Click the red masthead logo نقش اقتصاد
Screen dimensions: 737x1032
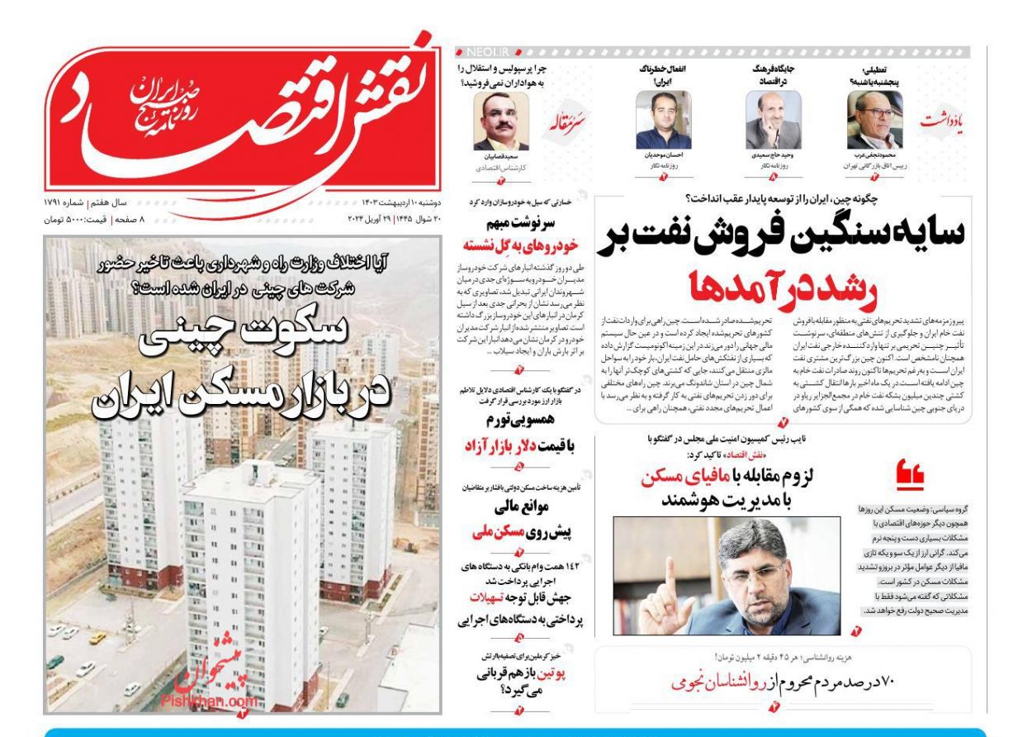click(239, 116)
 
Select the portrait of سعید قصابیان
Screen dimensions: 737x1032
click(501, 121)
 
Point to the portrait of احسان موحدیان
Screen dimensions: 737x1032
click(663, 121)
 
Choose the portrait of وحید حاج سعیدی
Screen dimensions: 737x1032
click(773, 121)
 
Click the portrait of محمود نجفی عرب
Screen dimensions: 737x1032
click(874, 121)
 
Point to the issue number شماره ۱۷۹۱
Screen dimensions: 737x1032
click(65, 202)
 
